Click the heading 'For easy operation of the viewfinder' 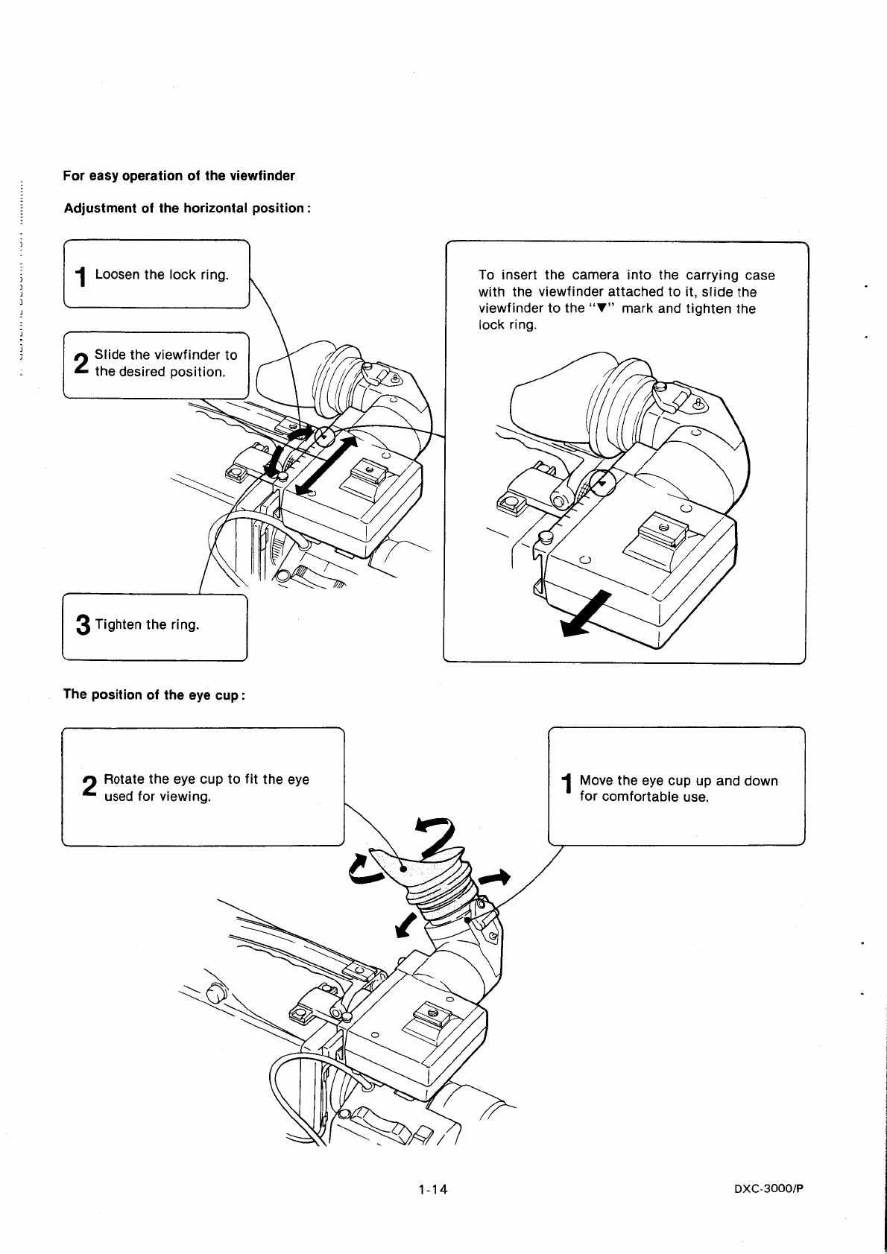tap(179, 176)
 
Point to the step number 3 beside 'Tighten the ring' tap(83, 625)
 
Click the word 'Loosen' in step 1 tap(118, 274)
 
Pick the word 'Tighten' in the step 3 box tap(118, 624)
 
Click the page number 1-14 tap(432, 1189)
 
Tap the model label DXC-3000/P tap(769, 1189)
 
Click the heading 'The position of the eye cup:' tap(154, 694)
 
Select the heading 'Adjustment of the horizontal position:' tap(186, 208)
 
